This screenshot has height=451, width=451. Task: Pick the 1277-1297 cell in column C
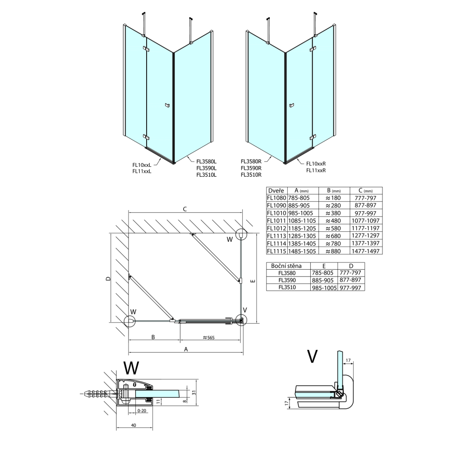(x=366, y=236)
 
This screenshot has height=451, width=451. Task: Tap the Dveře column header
(x=275, y=190)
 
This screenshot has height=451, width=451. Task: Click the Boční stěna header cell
(x=287, y=266)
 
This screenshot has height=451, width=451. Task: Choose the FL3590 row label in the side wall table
(x=287, y=280)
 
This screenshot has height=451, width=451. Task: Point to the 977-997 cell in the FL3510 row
(x=351, y=287)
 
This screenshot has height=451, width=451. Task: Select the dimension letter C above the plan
(x=184, y=209)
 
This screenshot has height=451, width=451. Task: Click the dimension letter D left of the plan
(x=108, y=279)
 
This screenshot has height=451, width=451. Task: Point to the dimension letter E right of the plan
(x=253, y=281)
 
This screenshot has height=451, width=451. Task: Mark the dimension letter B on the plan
(x=153, y=337)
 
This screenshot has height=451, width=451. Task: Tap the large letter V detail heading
(x=312, y=356)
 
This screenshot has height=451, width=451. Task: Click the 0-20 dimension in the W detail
(x=142, y=411)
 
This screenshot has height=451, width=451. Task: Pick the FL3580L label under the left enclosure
(x=206, y=161)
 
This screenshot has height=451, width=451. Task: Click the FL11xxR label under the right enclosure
(x=316, y=170)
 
